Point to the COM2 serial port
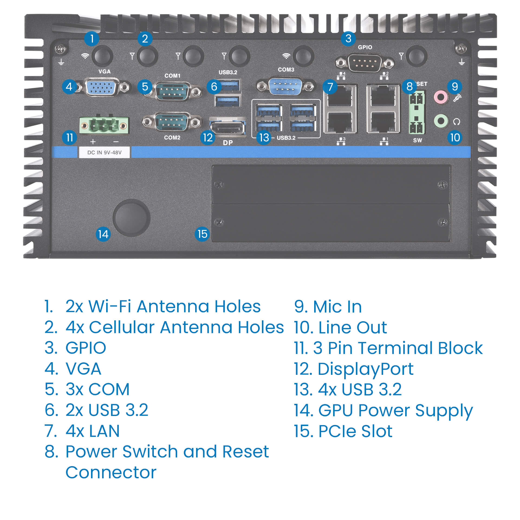172,122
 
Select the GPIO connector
365,63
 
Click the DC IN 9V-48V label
104,152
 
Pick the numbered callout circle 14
103,234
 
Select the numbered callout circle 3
348,38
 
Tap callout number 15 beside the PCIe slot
202,234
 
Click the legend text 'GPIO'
86,348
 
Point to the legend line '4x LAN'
92,431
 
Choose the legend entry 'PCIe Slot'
355,431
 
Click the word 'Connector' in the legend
111,473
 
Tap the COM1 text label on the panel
172,76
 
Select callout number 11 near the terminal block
70,138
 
